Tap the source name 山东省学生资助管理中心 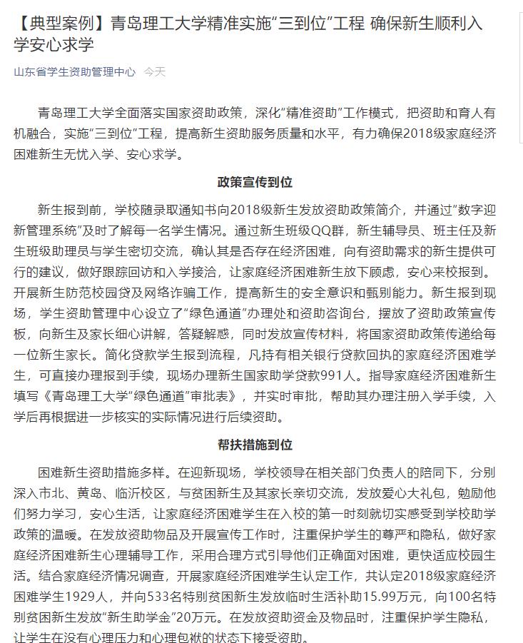click(74, 71)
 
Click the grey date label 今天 click(154, 71)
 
